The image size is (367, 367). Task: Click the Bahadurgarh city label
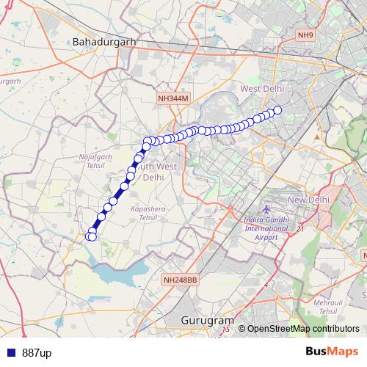point(105,42)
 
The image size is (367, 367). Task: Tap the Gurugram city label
point(208,321)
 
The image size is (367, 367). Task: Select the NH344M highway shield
point(173,98)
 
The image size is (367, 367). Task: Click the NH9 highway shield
point(305,34)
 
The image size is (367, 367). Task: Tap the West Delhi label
point(261,89)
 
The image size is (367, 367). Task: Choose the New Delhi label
point(311,200)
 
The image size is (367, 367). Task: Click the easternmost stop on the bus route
point(277,111)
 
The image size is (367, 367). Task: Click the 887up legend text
point(37,353)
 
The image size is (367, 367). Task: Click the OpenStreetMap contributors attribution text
point(303,329)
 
